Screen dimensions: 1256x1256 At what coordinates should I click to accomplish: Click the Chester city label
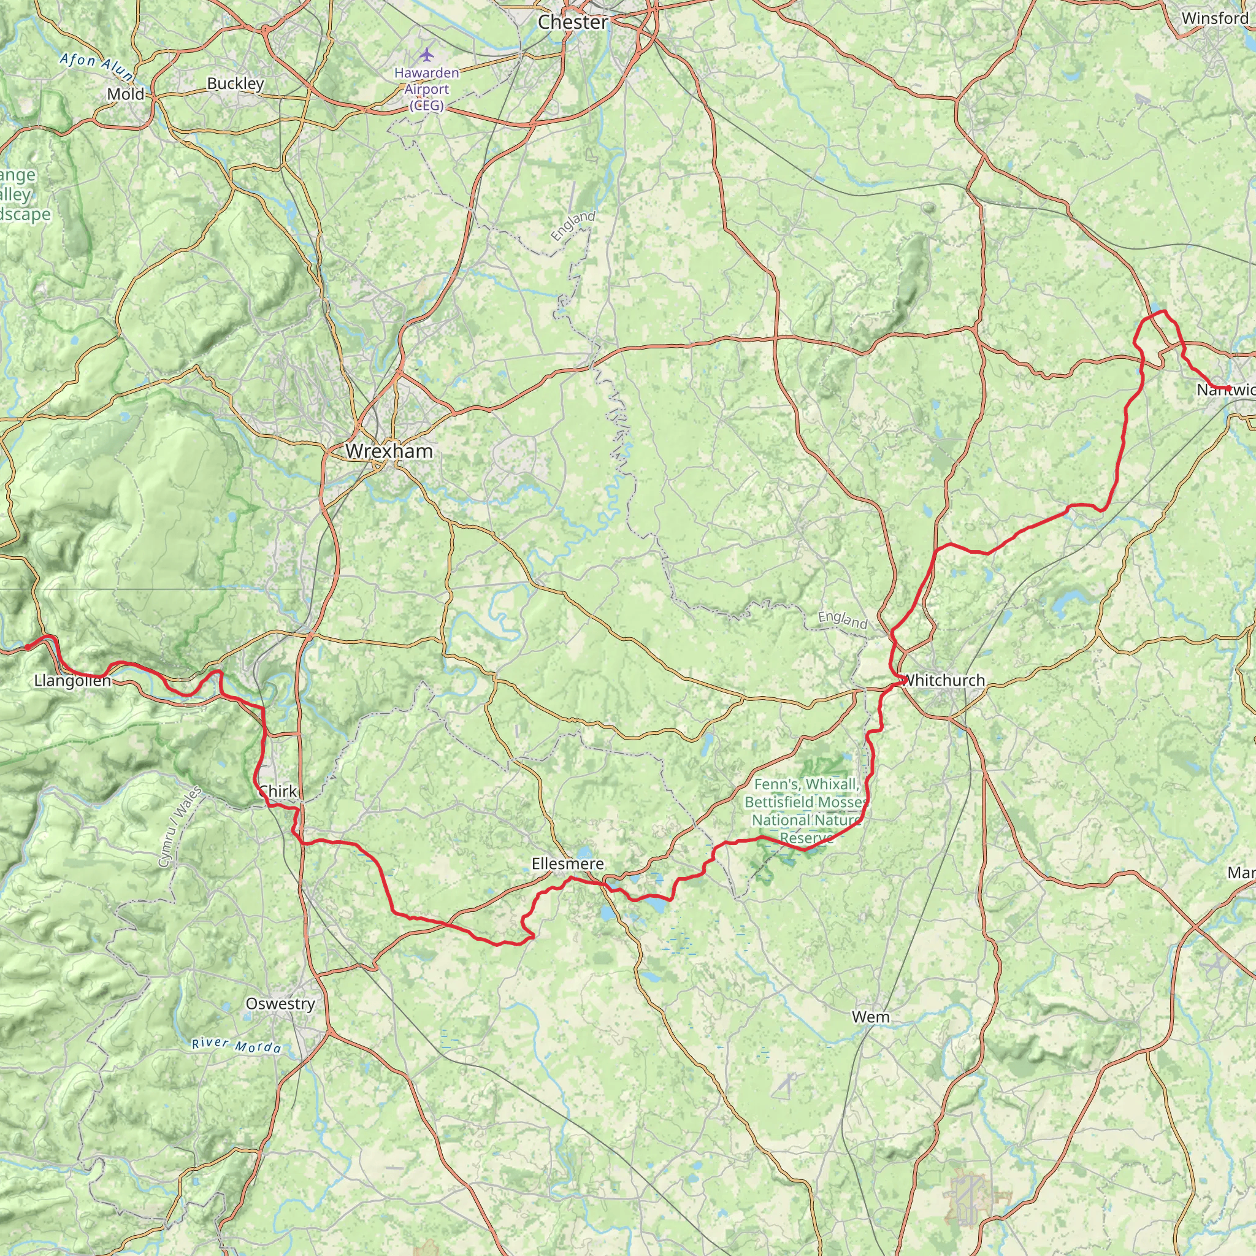tap(573, 22)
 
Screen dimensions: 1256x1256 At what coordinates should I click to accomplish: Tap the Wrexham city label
tap(389, 451)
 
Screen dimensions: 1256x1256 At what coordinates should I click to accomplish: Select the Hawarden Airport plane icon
tap(426, 54)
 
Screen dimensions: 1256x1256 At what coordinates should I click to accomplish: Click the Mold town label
tap(126, 94)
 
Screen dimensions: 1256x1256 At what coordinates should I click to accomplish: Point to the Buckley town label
tap(235, 83)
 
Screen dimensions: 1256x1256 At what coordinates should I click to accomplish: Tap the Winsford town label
tap(1214, 18)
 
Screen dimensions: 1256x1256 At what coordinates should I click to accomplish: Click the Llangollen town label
tap(72, 681)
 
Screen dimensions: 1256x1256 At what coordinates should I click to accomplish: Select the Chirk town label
tap(278, 791)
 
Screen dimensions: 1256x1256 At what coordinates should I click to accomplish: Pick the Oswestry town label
tap(280, 1003)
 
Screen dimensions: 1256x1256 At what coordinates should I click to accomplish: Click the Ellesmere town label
tap(567, 863)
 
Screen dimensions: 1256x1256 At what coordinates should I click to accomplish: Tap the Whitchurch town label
tap(944, 680)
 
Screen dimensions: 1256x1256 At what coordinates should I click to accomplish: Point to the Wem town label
tap(870, 1016)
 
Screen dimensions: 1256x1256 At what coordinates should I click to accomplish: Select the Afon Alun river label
tap(96, 67)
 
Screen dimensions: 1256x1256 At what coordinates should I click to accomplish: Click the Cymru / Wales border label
tap(180, 826)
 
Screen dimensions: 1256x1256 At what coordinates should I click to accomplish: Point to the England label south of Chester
tap(573, 226)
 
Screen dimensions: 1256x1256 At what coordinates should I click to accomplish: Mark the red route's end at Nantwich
tap(1228, 389)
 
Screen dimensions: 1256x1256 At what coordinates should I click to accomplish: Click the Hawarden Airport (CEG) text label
tap(426, 89)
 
